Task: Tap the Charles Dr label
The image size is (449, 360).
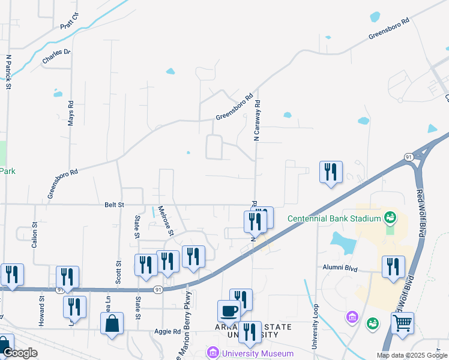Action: click(56, 56)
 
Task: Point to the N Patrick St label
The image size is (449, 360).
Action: click(9, 73)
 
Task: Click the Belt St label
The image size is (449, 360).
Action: click(113, 205)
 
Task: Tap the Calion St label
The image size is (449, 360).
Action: click(35, 235)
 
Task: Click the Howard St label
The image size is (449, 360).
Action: click(42, 311)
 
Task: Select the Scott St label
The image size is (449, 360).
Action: click(118, 272)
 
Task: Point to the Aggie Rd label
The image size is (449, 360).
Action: click(169, 331)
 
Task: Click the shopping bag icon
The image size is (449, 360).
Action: click(112, 323)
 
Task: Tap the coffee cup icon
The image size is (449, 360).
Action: click(229, 311)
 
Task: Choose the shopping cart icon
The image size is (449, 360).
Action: click(402, 323)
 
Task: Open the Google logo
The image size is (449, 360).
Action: click(19, 353)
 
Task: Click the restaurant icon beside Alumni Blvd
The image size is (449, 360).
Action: click(393, 266)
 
